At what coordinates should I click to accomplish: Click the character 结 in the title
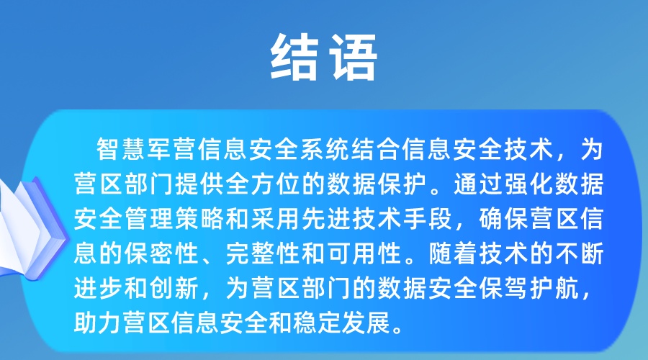pyautogui.click(x=294, y=57)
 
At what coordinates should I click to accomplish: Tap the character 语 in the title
pyautogui.click(x=353, y=57)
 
